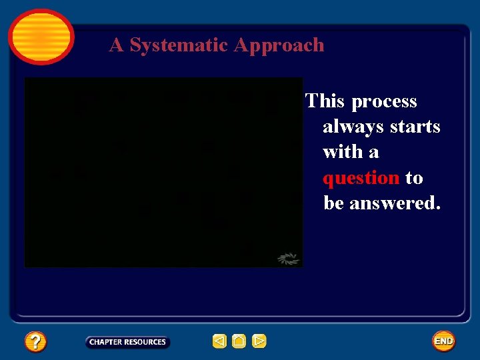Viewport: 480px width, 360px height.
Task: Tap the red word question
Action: point(361,178)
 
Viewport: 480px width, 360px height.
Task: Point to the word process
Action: point(384,101)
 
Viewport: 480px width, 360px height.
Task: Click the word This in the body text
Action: point(325,101)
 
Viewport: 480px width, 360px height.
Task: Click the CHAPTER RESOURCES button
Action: point(127,342)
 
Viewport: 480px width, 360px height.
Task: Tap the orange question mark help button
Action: point(35,342)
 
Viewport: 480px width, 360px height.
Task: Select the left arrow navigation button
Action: point(219,341)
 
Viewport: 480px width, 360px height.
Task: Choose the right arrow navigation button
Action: point(259,341)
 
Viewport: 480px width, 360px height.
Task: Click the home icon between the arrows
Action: point(239,341)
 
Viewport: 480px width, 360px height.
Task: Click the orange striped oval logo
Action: point(41,37)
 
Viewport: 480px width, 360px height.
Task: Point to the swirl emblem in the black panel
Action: point(288,259)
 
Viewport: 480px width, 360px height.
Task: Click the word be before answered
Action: point(333,203)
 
